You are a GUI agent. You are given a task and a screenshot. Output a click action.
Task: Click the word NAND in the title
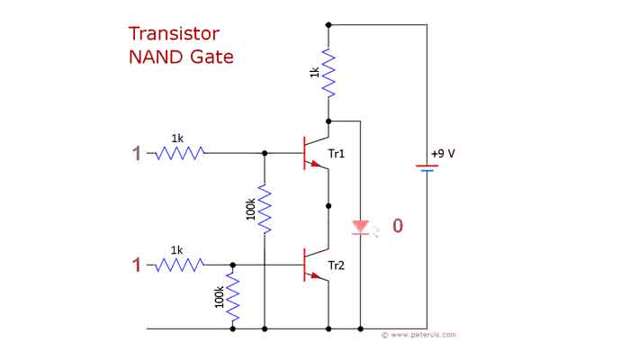(x=155, y=58)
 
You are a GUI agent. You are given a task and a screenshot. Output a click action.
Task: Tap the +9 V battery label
(x=443, y=153)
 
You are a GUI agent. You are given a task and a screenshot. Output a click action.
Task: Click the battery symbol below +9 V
(x=427, y=167)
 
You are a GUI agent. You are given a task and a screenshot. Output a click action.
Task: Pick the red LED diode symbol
(x=360, y=226)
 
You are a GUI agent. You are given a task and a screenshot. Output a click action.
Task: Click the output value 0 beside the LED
(x=397, y=226)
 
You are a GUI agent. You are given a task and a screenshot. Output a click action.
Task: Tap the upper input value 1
(x=137, y=154)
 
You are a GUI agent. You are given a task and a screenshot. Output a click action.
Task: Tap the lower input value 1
(x=137, y=265)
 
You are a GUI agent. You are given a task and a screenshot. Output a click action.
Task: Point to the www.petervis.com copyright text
(x=418, y=335)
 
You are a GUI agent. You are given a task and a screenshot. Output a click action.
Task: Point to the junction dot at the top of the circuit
(x=328, y=25)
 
